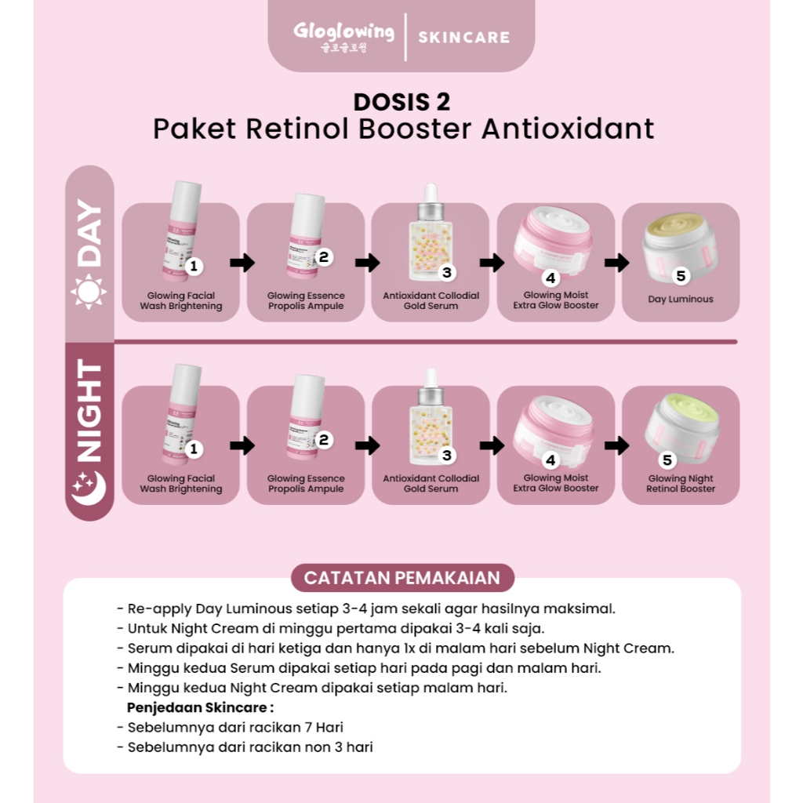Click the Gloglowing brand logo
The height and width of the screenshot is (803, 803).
[343, 35]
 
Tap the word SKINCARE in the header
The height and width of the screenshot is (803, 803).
[463, 37]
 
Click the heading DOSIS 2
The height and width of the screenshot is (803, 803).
[401, 102]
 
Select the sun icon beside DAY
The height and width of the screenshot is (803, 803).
[89, 292]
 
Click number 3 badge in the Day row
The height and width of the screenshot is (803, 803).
[446, 272]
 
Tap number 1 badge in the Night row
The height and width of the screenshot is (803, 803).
[194, 449]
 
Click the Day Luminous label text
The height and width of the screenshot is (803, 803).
[681, 299]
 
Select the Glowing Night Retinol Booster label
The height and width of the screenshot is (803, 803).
[681, 483]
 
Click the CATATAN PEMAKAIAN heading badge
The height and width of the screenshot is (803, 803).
[401, 578]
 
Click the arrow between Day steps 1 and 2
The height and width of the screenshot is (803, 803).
[243, 263]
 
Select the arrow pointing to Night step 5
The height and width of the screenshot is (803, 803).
[617, 445]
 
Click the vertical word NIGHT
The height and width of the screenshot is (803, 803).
[89, 411]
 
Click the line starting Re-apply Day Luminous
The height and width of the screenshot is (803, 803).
[366, 609]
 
